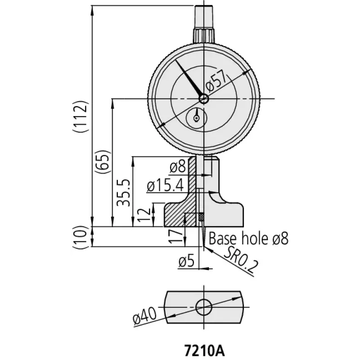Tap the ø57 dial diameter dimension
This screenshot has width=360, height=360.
216,83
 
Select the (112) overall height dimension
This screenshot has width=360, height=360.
81,116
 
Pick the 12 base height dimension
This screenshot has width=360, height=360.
144,215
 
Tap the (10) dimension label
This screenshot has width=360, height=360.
81,237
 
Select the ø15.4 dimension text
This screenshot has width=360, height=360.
165,185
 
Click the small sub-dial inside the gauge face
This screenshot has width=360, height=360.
197,118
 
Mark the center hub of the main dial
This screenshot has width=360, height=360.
204,99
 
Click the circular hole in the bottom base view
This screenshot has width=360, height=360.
204,307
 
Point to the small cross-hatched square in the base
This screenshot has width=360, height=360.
201,217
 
